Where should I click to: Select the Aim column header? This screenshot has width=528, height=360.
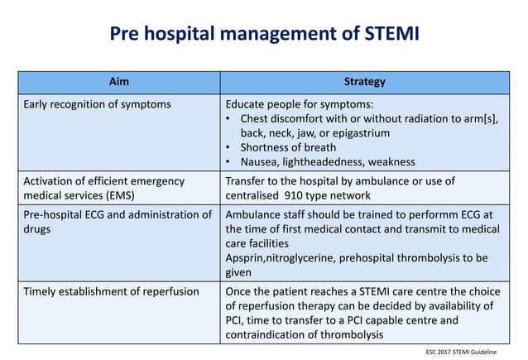(x=119, y=82)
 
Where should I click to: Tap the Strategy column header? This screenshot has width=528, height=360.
(x=365, y=82)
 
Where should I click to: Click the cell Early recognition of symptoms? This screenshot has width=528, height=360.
(x=98, y=104)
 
